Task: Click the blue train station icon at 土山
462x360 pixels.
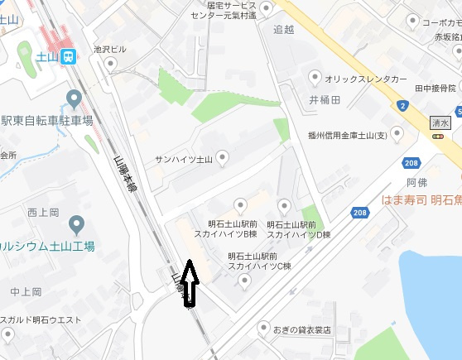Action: pos(70,56)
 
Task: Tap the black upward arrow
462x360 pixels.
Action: pos(190,282)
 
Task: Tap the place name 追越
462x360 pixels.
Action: pos(283,29)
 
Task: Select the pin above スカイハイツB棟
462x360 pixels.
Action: pos(240,205)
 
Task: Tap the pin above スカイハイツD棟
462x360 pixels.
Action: pos(285,205)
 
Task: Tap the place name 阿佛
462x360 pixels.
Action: pos(416,180)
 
